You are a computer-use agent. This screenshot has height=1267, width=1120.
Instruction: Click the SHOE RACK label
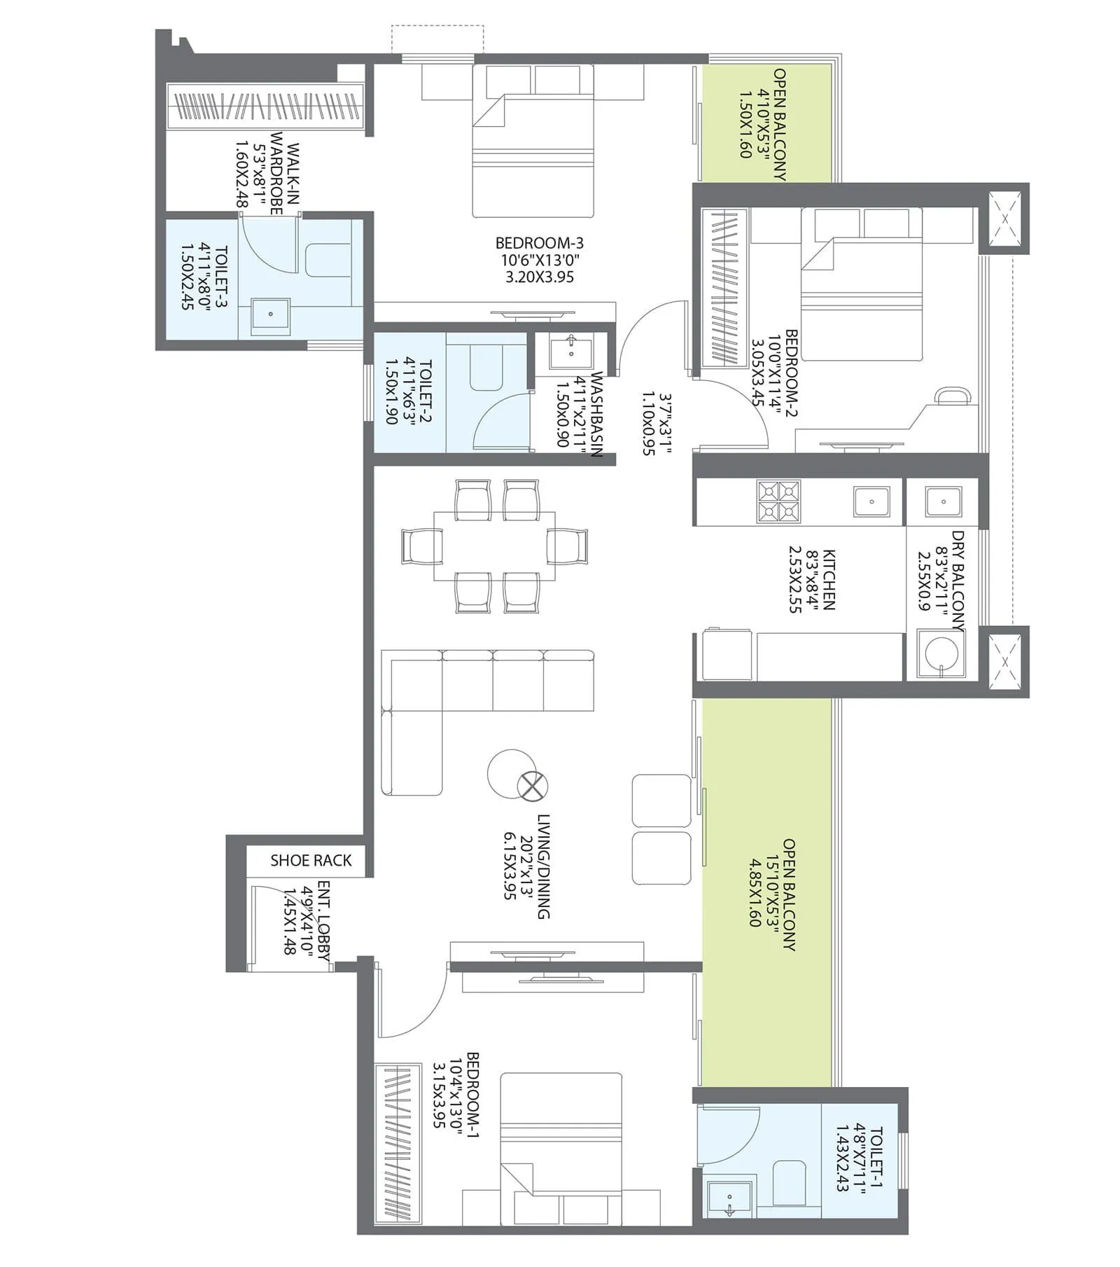pos(311,860)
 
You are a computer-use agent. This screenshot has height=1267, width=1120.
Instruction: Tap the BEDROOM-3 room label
pos(539,243)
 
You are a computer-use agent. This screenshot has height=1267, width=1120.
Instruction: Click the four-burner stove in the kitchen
pos(778,501)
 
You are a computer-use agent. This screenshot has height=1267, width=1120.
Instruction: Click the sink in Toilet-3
pos(270,314)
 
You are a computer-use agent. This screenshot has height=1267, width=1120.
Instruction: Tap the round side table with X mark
pos(532,786)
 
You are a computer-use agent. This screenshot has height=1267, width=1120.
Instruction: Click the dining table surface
pos(494,545)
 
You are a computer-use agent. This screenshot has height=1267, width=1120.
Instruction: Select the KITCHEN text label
pos(828,579)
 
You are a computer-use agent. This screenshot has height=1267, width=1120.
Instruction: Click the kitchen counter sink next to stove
pos(871,501)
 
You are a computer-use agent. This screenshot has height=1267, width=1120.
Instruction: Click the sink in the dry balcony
pos(943,501)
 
